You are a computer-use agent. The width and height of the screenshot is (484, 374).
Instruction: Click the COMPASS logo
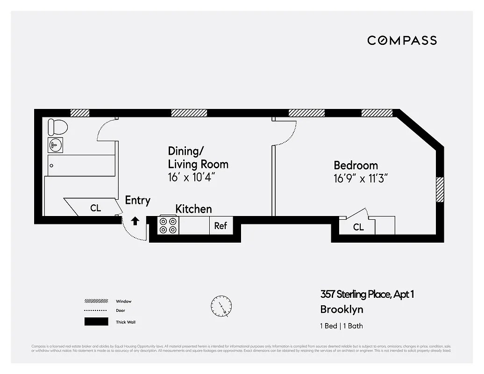[402, 40]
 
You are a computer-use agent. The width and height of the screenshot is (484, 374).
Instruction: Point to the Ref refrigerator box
[221, 225]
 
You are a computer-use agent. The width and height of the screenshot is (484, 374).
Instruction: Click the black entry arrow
[135, 221]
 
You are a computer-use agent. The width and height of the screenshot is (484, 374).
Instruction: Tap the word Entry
[137, 201]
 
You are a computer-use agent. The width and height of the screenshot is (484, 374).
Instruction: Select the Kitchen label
[193, 209]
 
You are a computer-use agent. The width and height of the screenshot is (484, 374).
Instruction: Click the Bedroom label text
[356, 165]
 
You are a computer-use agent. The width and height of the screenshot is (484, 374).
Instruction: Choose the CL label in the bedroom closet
[358, 227]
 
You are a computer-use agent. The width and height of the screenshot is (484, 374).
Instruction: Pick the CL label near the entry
[95, 208]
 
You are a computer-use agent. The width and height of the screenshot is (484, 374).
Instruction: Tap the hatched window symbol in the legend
[96, 301]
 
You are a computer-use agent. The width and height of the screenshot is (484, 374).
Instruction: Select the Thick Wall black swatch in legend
[96, 322]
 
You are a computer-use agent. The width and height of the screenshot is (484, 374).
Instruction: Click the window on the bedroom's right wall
[440, 189]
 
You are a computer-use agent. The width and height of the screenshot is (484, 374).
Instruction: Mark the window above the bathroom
[79, 113]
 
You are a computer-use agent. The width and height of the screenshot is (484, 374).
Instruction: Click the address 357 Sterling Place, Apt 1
[367, 294]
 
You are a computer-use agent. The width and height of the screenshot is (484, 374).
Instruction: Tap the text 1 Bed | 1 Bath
[341, 326]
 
